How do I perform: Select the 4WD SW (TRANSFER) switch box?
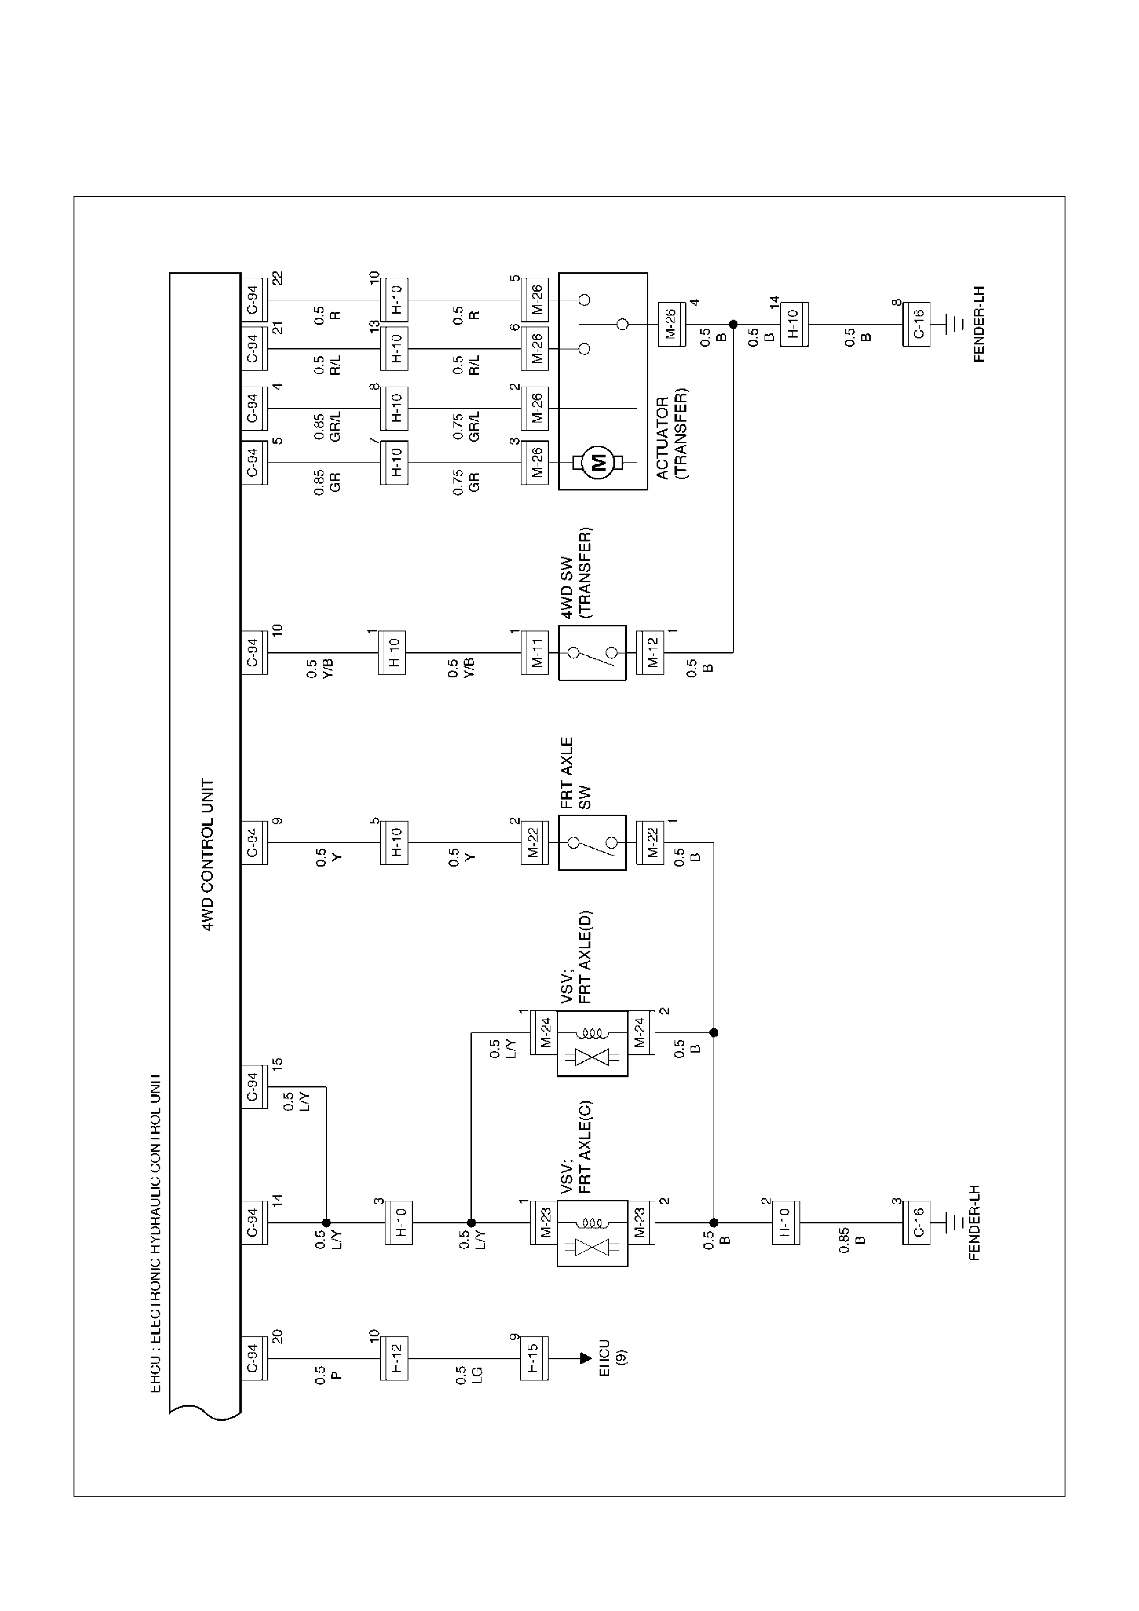pyautogui.click(x=592, y=653)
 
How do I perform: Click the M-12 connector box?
pyautogui.click(x=650, y=653)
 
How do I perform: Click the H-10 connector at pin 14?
pyautogui.click(x=794, y=324)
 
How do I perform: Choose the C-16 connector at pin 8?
pyautogui.click(x=916, y=324)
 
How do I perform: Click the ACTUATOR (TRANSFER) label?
pyautogui.click(x=672, y=434)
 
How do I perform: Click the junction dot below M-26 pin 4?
pyautogui.click(x=733, y=324)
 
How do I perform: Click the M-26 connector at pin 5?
pyautogui.click(x=535, y=299)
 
